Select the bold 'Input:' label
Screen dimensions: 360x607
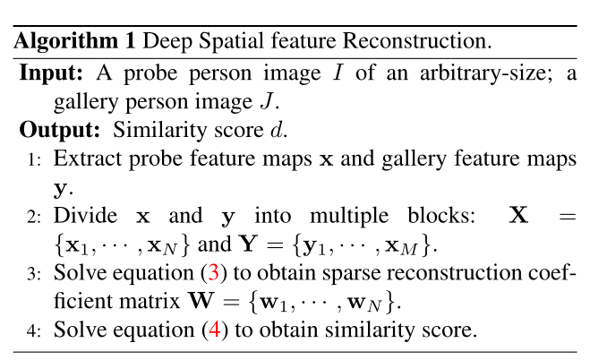(x=49, y=73)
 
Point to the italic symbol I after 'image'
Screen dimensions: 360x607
(x=338, y=73)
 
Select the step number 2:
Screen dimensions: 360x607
(x=34, y=217)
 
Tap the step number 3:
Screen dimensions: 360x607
(x=34, y=274)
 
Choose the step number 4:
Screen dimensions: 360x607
(x=34, y=330)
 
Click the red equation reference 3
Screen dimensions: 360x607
(x=213, y=273)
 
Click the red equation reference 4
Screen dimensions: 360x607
(x=213, y=330)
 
